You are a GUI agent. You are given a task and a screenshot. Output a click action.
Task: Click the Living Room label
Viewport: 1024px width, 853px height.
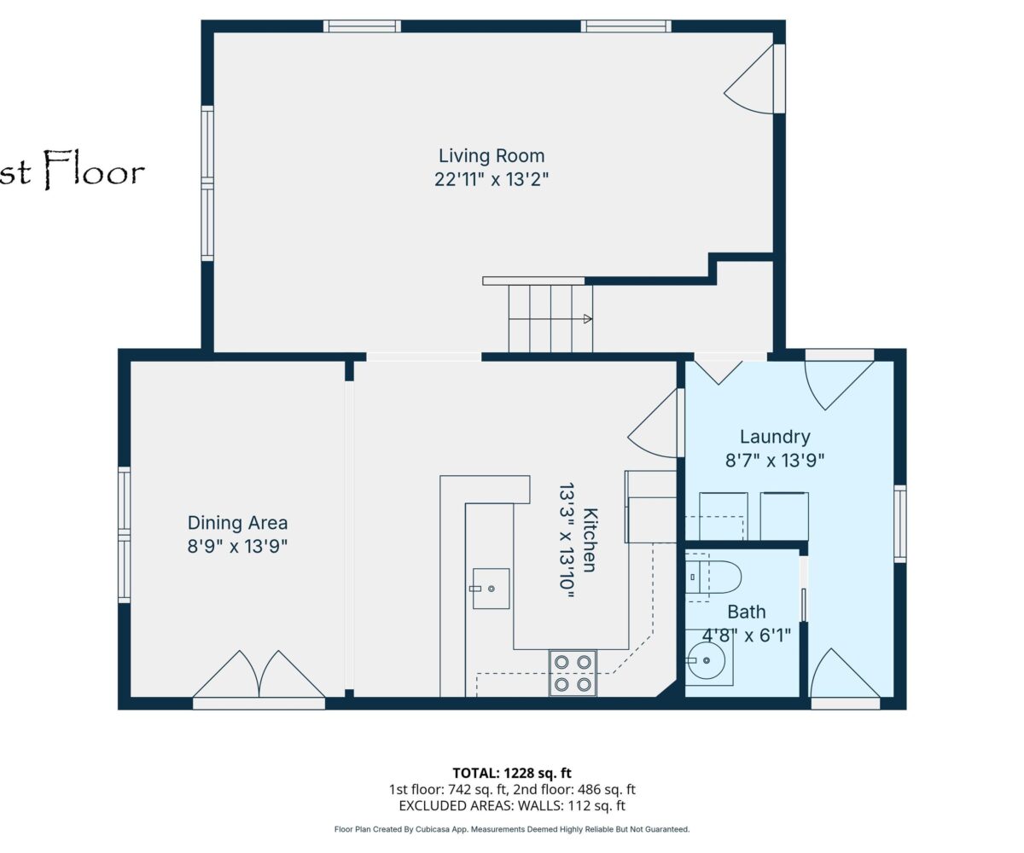pos(492,156)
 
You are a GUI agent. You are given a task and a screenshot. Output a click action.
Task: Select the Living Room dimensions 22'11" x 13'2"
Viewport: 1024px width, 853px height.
pos(492,179)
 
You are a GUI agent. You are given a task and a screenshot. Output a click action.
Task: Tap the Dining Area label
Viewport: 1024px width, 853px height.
pos(237,523)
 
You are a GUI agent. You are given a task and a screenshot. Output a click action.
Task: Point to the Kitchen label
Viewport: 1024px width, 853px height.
pos(591,540)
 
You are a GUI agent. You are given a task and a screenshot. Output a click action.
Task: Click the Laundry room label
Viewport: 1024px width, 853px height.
pos(775,438)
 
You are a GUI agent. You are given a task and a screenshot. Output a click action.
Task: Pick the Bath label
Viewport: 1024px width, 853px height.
pos(747,612)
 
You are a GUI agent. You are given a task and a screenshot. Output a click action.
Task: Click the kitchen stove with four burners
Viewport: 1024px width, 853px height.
pos(573,673)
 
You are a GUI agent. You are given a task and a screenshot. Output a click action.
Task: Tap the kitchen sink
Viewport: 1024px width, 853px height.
pos(491,589)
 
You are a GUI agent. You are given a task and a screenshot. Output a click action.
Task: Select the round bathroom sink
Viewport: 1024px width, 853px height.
pos(706,661)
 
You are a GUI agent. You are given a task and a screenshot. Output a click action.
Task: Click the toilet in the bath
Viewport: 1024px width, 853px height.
pos(713,577)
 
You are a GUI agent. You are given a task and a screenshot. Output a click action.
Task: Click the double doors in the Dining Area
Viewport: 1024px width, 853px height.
pos(259,675)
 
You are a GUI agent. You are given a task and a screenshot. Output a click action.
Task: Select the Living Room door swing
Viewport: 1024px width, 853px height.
pos(749,80)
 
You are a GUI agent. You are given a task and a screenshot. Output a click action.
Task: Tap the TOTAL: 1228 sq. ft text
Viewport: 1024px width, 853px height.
pos(512,773)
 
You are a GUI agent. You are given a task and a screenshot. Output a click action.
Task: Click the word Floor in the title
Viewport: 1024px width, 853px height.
pos(94,169)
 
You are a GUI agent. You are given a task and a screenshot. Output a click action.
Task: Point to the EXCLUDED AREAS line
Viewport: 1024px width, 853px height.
pos(512,805)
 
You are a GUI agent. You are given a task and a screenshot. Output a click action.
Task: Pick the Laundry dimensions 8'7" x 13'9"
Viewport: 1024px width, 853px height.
pos(775,461)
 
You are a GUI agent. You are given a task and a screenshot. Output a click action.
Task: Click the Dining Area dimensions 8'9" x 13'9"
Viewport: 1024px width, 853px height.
pos(237,546)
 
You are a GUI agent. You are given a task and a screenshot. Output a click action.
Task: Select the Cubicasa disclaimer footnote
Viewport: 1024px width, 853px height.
pos(512,829)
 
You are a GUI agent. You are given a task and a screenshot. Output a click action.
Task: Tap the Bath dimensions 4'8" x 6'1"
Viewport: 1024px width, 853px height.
pos(747,635)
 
